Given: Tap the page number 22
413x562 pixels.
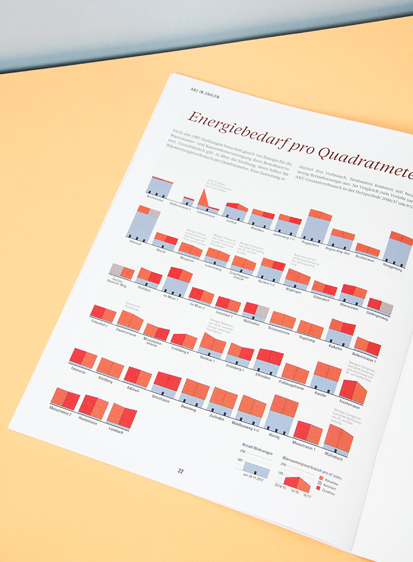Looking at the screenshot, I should click(x=180, y=471).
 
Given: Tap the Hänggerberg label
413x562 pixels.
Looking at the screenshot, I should click(x=392, y=269).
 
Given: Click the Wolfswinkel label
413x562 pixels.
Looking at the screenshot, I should click(x=155, y=198).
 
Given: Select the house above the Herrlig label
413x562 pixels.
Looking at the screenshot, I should click(x=282, y=413).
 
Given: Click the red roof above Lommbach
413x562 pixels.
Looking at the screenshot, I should click(x=122, y=415).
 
